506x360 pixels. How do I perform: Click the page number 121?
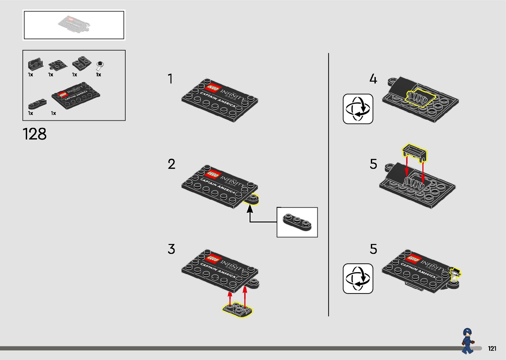(492, 348)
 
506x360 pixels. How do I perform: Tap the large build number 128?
(35, 134)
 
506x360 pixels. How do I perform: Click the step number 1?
(170, 79)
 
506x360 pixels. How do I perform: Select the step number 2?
(171, 164)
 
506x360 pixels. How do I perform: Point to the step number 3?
(171, 249)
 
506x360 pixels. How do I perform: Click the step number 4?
(373, 79)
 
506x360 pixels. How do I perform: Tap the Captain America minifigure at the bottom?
(467, 340)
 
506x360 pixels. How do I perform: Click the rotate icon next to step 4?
(358, 109)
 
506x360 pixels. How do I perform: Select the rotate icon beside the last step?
(358, 278)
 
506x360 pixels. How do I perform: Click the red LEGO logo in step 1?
(213, 89)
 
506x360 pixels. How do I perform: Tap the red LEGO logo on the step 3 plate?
(213, 259)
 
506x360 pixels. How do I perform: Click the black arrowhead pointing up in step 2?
(250, 209)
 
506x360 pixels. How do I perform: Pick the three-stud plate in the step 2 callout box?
(297, 222)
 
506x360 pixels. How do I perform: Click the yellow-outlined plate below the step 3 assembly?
(237, 310)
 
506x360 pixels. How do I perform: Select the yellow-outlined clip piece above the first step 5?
(414, 152)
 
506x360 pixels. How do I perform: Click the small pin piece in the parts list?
(99, 65)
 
